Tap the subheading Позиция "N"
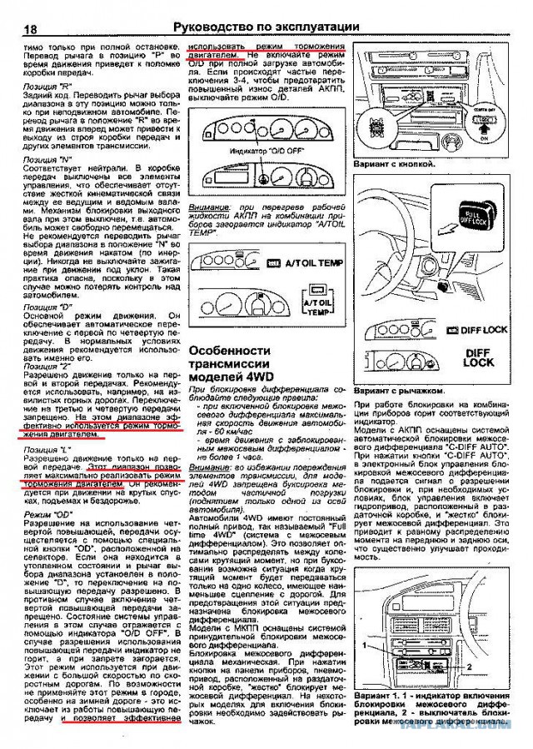(47, 157)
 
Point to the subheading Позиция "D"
(47, 307)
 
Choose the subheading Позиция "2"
(46, 366)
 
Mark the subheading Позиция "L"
(46, 451)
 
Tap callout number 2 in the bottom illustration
(468, 667)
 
